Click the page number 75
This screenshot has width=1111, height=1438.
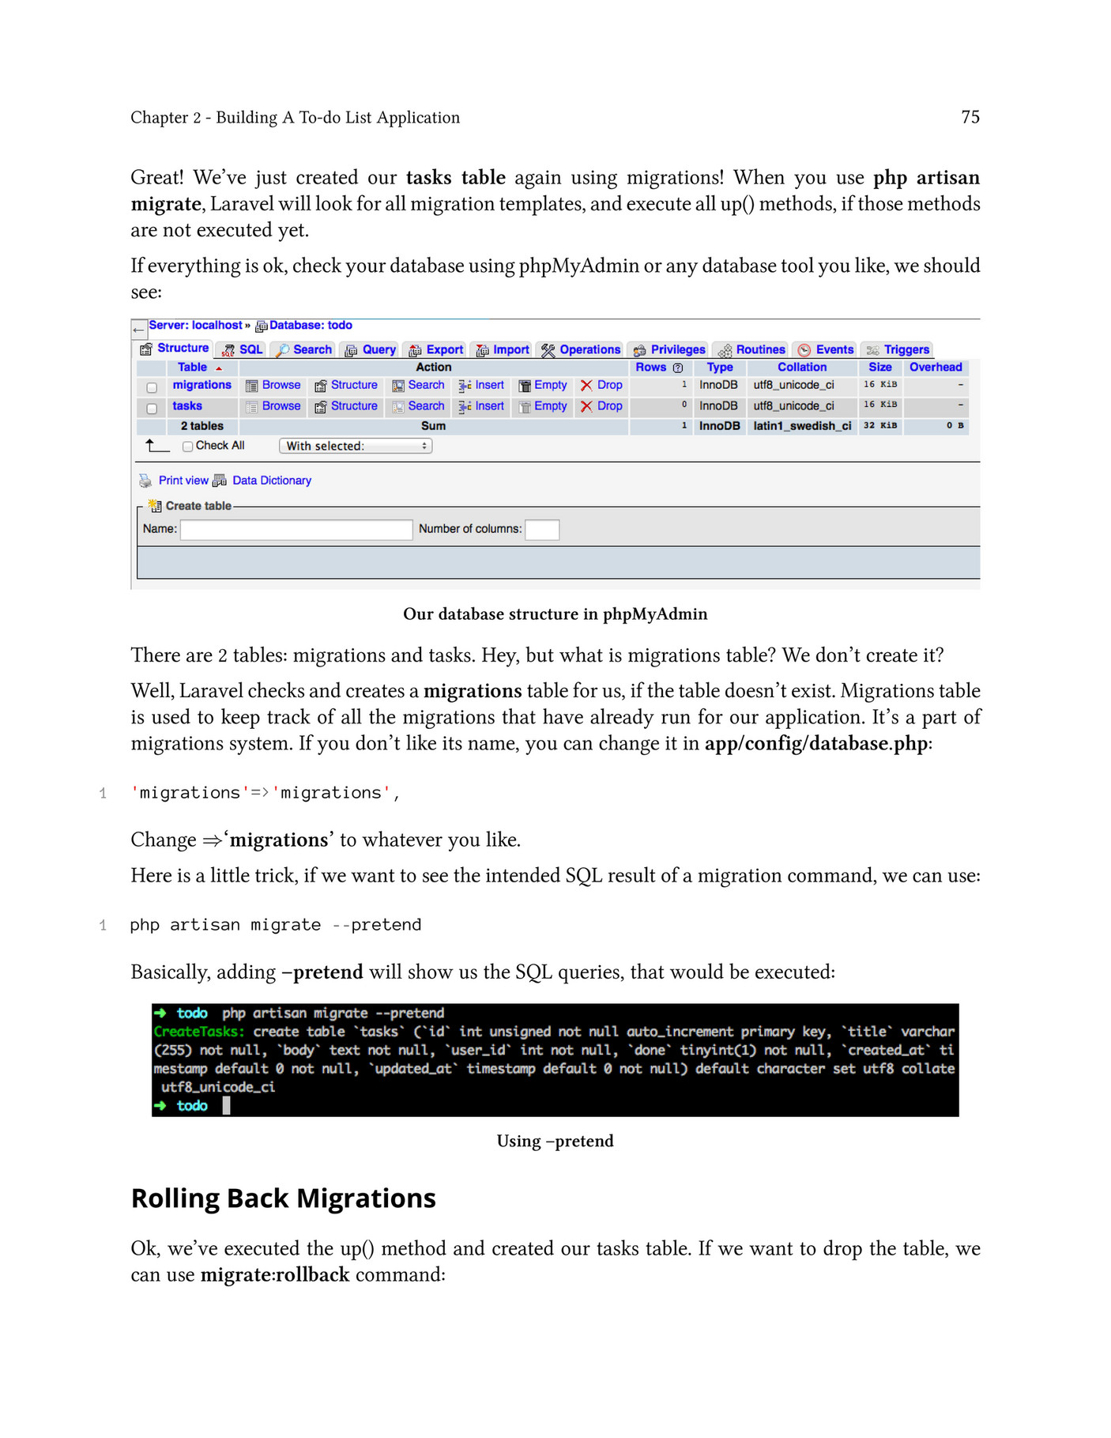(970, 117)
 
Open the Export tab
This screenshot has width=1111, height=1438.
(436, 349)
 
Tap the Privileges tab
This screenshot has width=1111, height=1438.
(669, 349)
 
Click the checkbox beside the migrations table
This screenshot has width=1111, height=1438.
(152, 387)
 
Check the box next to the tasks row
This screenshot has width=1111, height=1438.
(152, 409)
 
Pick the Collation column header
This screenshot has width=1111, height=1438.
(801, 367)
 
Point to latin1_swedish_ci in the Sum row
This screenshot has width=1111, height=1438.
(801, 425)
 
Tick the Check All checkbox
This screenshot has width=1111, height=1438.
(187, 446)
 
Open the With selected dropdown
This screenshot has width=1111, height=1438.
(355, 446)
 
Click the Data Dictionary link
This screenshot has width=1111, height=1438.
(271, 481)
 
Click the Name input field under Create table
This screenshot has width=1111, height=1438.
(296, 530)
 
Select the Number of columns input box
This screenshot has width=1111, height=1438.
(542, 530)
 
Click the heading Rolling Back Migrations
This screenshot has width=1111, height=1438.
(283, 1198)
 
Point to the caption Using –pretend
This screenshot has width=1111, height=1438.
(555, 1141)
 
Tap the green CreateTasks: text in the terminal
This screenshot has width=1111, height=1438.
(199, 1032)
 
